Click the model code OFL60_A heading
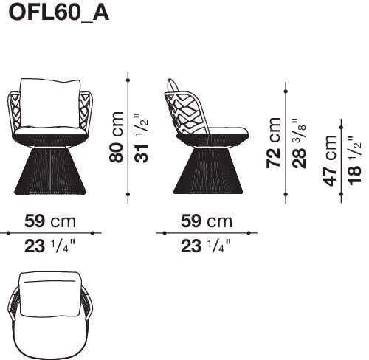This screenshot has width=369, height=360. click(58, 14)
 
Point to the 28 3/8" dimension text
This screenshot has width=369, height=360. click(299, 142)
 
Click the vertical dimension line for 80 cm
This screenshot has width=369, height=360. click(128, 136)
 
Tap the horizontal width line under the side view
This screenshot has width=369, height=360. click(206, 232)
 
